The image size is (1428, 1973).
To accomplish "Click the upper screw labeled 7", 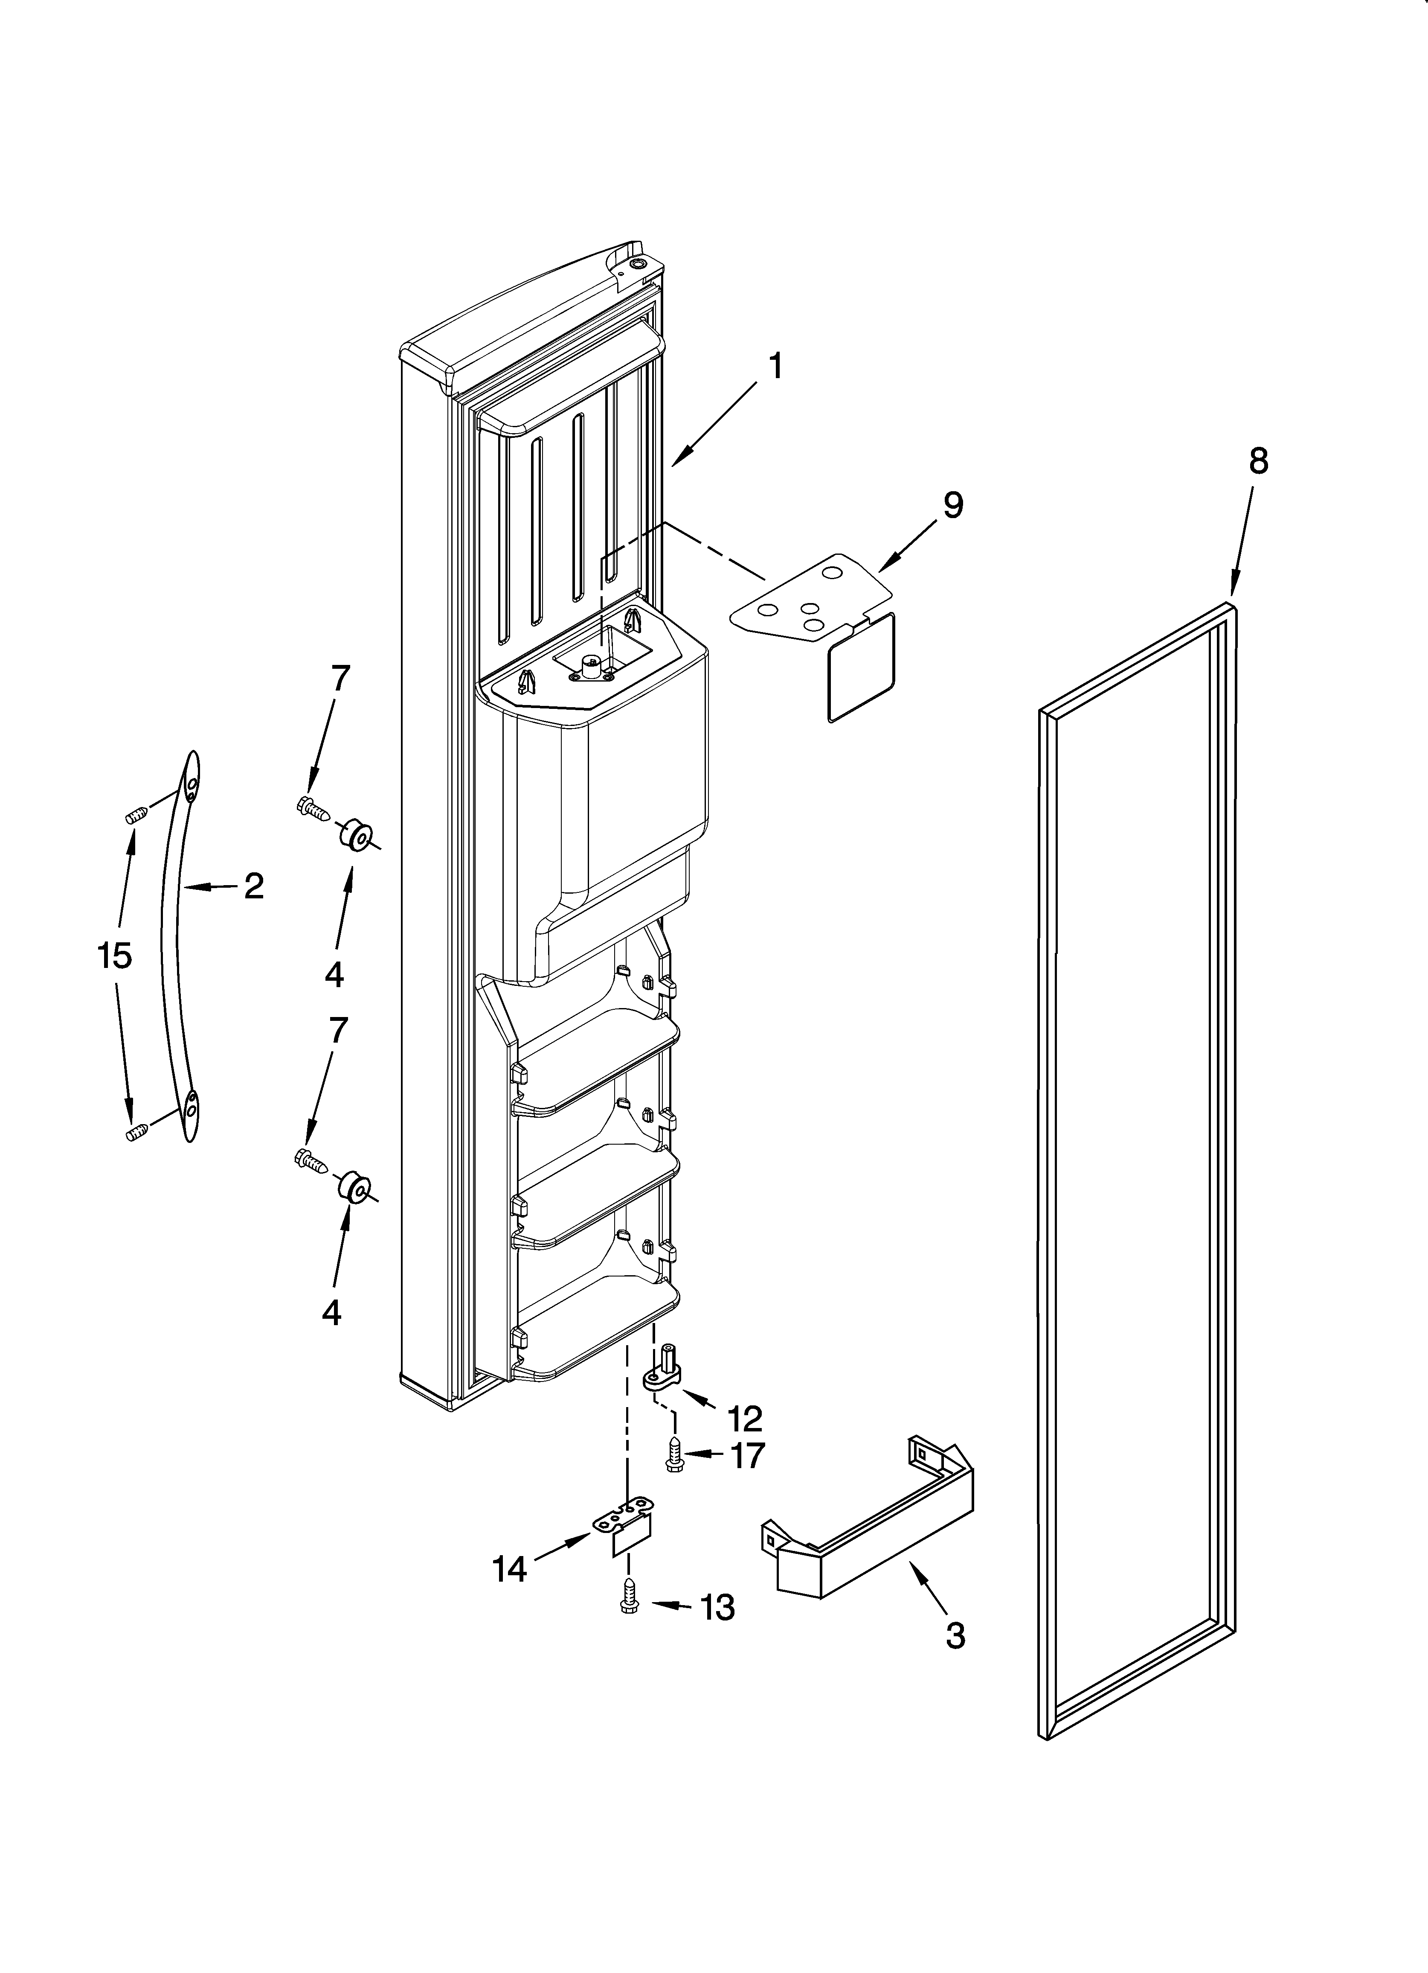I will (312, 809).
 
